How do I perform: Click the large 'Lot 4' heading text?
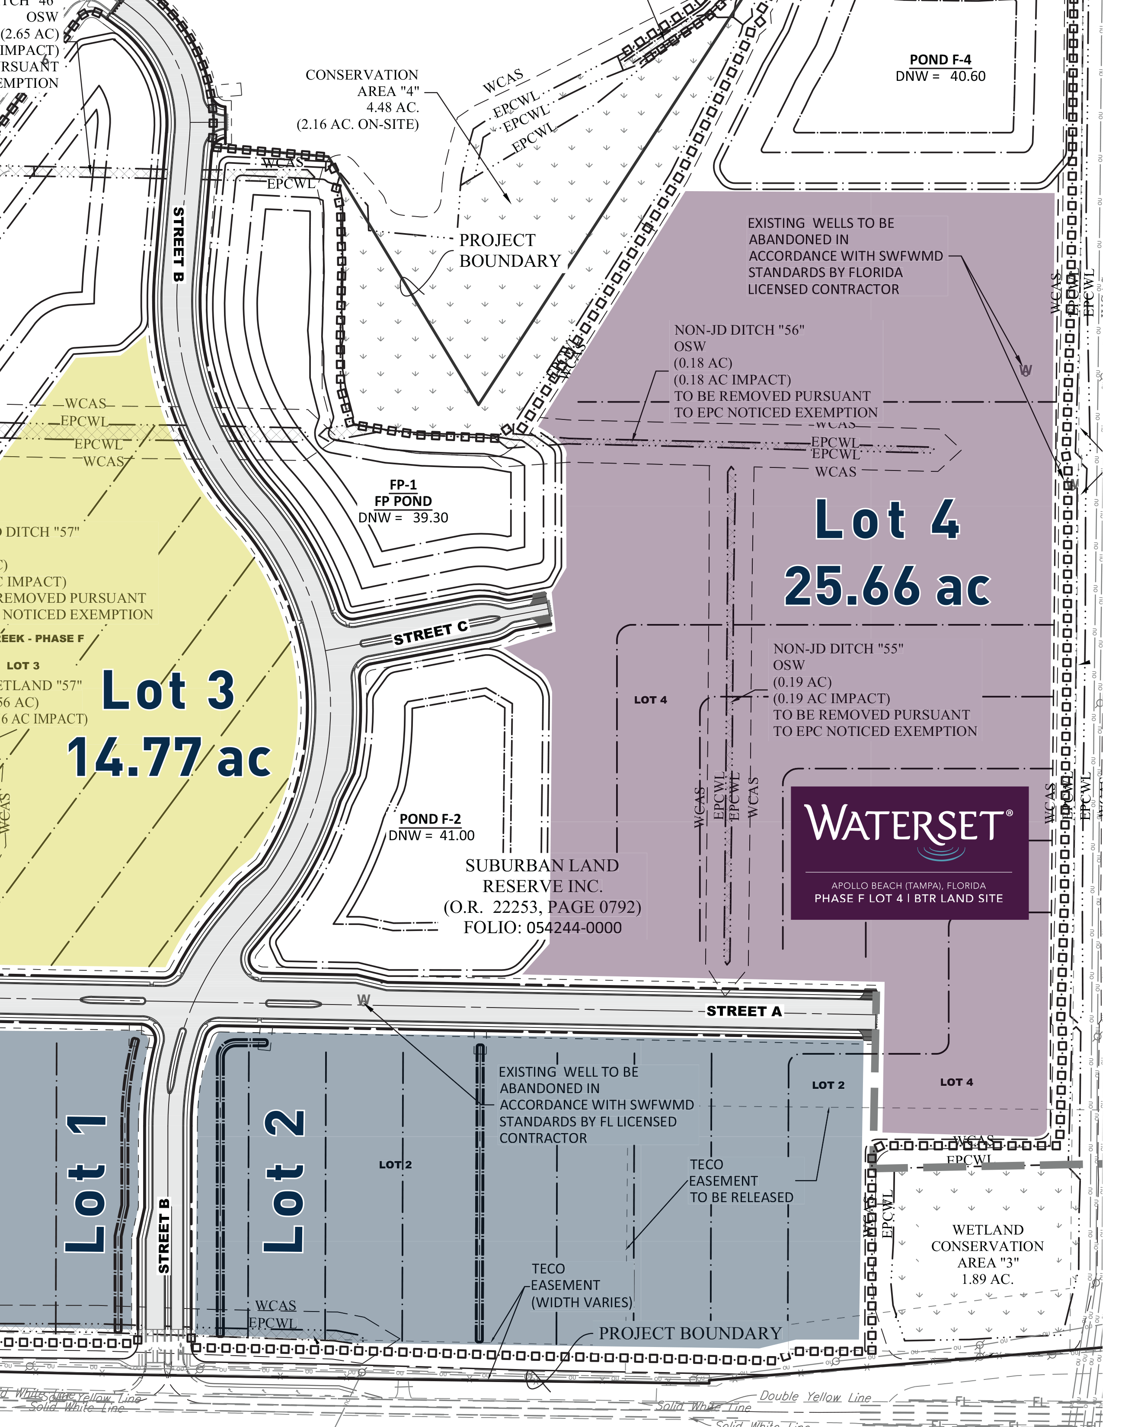(887, 520)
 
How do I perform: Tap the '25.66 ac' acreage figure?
(887, 586)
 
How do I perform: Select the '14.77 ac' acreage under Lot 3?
(169, 758)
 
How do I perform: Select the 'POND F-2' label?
(430, 819)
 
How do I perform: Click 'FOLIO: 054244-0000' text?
(542, 928)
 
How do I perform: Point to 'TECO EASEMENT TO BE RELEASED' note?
(741, 1181)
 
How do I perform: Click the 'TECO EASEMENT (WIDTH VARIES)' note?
(581, 1285)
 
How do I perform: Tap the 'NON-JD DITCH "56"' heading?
(739, 330)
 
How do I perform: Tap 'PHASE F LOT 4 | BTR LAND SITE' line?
(908, 899)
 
